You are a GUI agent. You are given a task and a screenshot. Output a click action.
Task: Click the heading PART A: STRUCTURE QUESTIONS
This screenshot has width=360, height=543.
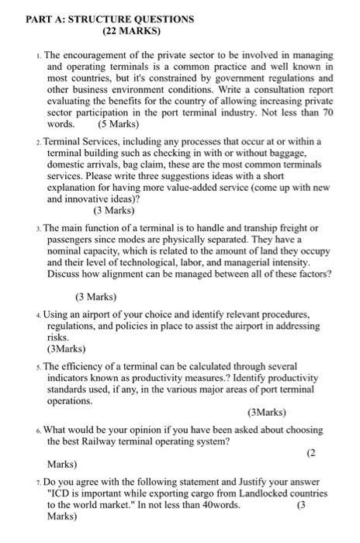[99, 19]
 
